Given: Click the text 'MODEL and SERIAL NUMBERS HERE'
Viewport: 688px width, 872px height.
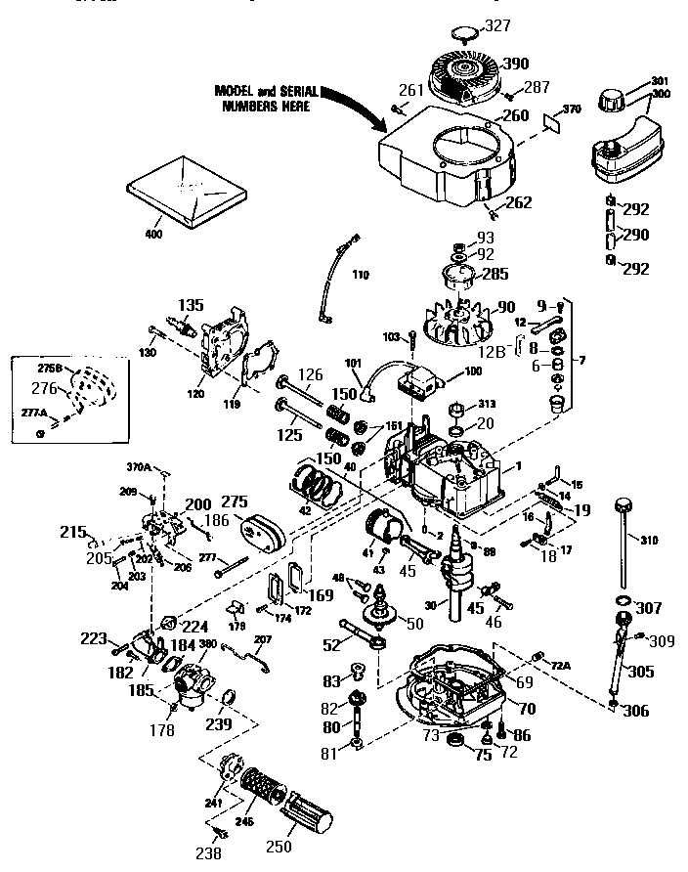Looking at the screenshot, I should coord(262,98).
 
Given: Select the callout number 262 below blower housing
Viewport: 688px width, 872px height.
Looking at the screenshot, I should coord(519,202).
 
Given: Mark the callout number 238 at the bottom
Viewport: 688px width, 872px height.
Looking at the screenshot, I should coord(207,852).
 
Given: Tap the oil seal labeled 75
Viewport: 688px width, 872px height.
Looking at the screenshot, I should coord(454,747).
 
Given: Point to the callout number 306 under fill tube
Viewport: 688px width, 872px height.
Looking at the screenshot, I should coord(636,711).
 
